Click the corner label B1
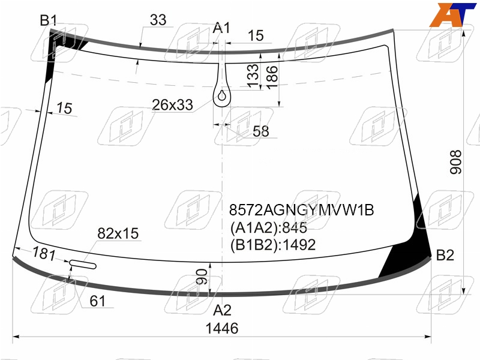coord(49,20)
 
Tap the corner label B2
coord(445,255)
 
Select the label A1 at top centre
coord(221,28)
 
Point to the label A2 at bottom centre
coord(222,310)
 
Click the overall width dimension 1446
coord(222,328)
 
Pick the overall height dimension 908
coord(455,162)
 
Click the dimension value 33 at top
coord(158,20)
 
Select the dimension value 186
coord(272,77)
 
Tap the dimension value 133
coord(253,76)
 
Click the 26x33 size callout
coord(172,105)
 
